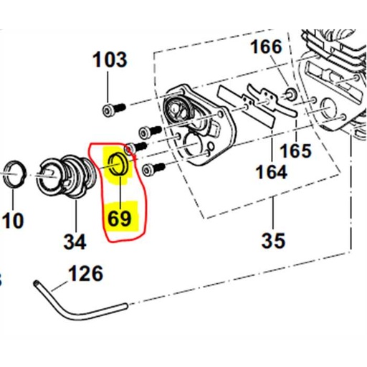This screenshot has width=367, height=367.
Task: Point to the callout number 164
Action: pos(270,172)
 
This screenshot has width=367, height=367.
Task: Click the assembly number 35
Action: pos(273,240)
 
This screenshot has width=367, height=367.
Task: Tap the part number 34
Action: pos(74,242)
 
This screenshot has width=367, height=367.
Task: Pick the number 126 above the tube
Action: pos(85,274)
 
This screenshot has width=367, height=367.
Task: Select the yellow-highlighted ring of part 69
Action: pos(118,163)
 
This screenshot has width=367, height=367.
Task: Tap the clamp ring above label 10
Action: pos(14,174)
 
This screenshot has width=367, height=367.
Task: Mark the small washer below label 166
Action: pos(290,93)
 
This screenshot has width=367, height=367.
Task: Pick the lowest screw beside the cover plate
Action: pos(151,170)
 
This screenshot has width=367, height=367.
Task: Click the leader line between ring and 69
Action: pos(119,188)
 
